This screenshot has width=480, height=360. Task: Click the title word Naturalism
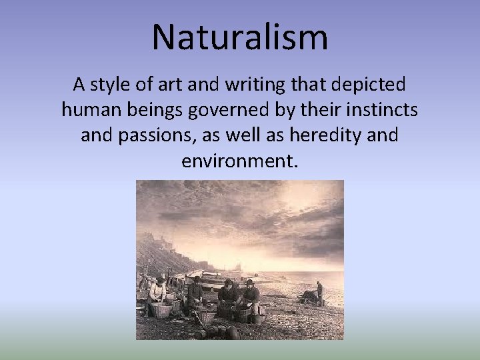coord(240,37)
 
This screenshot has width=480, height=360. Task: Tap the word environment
coord(237,161)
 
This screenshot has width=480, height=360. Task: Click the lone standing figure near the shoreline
coord(319,291)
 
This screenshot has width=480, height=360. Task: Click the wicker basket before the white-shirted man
coord(161,309)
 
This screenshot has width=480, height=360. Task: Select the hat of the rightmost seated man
coord(249,282)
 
